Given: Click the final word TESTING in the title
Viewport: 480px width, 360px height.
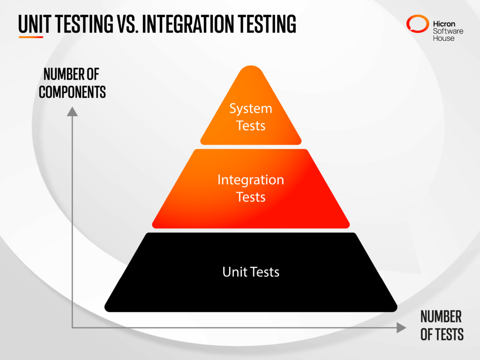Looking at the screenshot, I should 267,24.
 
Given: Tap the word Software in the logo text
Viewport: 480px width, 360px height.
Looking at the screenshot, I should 448,30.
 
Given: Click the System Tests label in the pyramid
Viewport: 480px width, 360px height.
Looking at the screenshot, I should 251,117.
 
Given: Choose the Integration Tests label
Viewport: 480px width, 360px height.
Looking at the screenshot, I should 251,188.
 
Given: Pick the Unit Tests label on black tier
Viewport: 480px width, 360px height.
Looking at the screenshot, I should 251,272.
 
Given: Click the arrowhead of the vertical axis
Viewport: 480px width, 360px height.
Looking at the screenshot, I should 72,111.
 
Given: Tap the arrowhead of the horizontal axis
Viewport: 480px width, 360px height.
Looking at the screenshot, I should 401,328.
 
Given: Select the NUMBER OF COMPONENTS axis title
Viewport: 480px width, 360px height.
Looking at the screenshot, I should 72,83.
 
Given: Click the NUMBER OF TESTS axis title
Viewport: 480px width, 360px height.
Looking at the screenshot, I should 442,325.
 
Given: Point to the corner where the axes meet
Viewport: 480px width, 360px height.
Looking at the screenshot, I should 72,327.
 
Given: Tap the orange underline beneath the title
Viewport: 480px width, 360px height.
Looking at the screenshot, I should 31,37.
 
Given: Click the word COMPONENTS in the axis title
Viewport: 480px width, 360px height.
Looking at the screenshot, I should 72,92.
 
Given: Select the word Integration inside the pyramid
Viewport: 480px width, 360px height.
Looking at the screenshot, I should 251,180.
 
